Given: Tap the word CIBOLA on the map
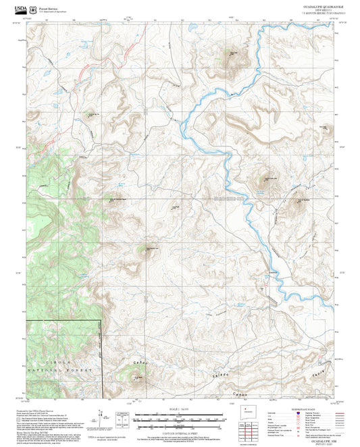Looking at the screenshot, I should pos(54,363).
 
